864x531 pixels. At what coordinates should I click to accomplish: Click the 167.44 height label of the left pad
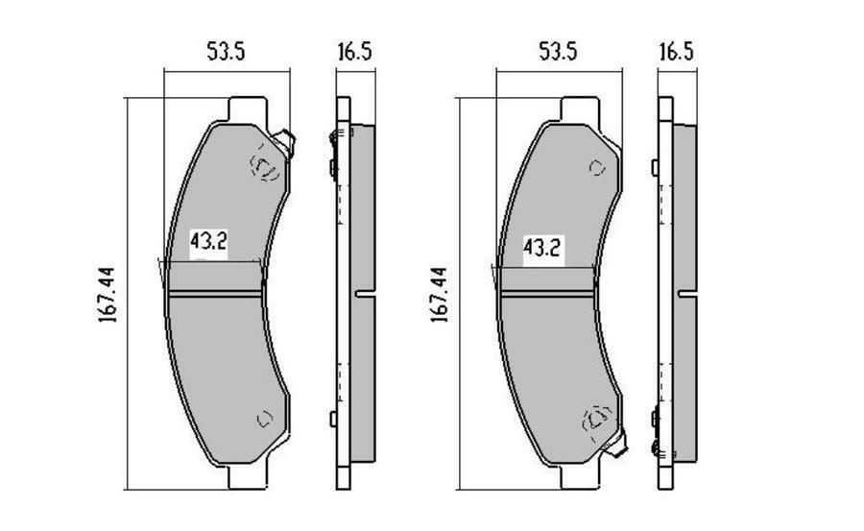pos(108,293)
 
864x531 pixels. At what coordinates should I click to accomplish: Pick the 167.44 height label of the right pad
pos(440,293)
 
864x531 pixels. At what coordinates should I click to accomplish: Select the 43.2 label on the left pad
pos(208,244)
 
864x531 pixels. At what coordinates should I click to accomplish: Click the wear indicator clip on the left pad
pos(286,143)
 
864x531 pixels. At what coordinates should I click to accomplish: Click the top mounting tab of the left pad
pos(246,107)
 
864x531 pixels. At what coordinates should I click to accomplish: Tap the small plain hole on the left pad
pos(265,418)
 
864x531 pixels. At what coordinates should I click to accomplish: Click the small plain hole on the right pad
pos(597,168)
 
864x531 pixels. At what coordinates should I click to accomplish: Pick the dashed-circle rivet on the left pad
pos(264,167)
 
